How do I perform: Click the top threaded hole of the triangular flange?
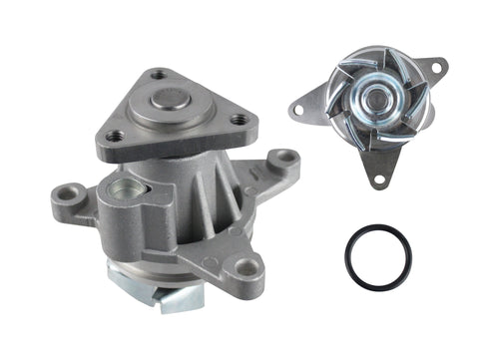pyautogui.click(x=158, y=74)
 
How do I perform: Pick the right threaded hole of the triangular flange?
pyautogui.click(x=239, y=121)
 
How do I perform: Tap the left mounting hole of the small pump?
pyautogui.click(x=300, y=106)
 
